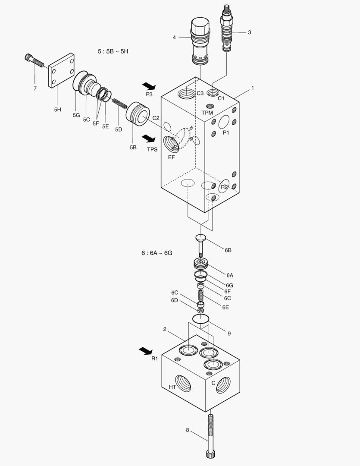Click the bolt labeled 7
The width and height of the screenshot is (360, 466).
coord(34,61)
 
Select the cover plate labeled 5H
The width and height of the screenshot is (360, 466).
coord(61,70)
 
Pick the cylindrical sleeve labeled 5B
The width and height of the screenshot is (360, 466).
coord(138,114)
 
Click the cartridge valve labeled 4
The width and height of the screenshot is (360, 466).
coord(199,41)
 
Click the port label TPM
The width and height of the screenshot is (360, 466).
coord(207,113)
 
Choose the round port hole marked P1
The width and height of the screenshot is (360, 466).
coord(224,122)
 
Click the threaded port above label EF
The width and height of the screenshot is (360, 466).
coord(170,144)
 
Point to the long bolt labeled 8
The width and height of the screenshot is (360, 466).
coord(210,436)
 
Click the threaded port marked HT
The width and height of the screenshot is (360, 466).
coord(183,382)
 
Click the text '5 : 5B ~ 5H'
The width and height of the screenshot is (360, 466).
coord(113,51)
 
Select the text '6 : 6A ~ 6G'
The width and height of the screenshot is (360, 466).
coord(157,253)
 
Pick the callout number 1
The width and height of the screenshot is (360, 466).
coord(253,88)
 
